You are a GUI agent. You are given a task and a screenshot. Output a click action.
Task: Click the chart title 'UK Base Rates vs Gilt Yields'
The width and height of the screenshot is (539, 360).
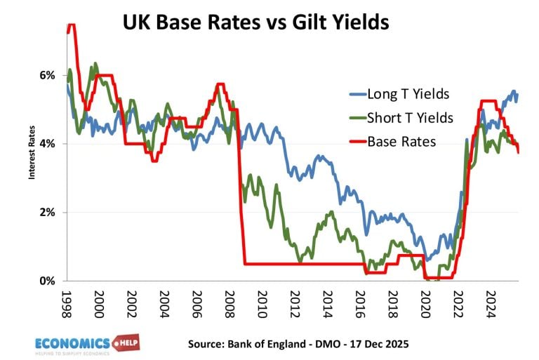(255, 22)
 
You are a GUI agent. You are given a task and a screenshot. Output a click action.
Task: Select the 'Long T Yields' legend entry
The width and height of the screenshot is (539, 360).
(399, 94)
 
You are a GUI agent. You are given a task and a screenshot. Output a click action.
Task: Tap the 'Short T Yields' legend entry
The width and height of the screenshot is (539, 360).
(401, 118)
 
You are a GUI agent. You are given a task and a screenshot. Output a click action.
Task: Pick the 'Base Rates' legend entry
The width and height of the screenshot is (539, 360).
(392, 142)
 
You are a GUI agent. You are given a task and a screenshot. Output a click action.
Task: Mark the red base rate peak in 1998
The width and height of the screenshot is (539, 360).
(71, 25)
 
